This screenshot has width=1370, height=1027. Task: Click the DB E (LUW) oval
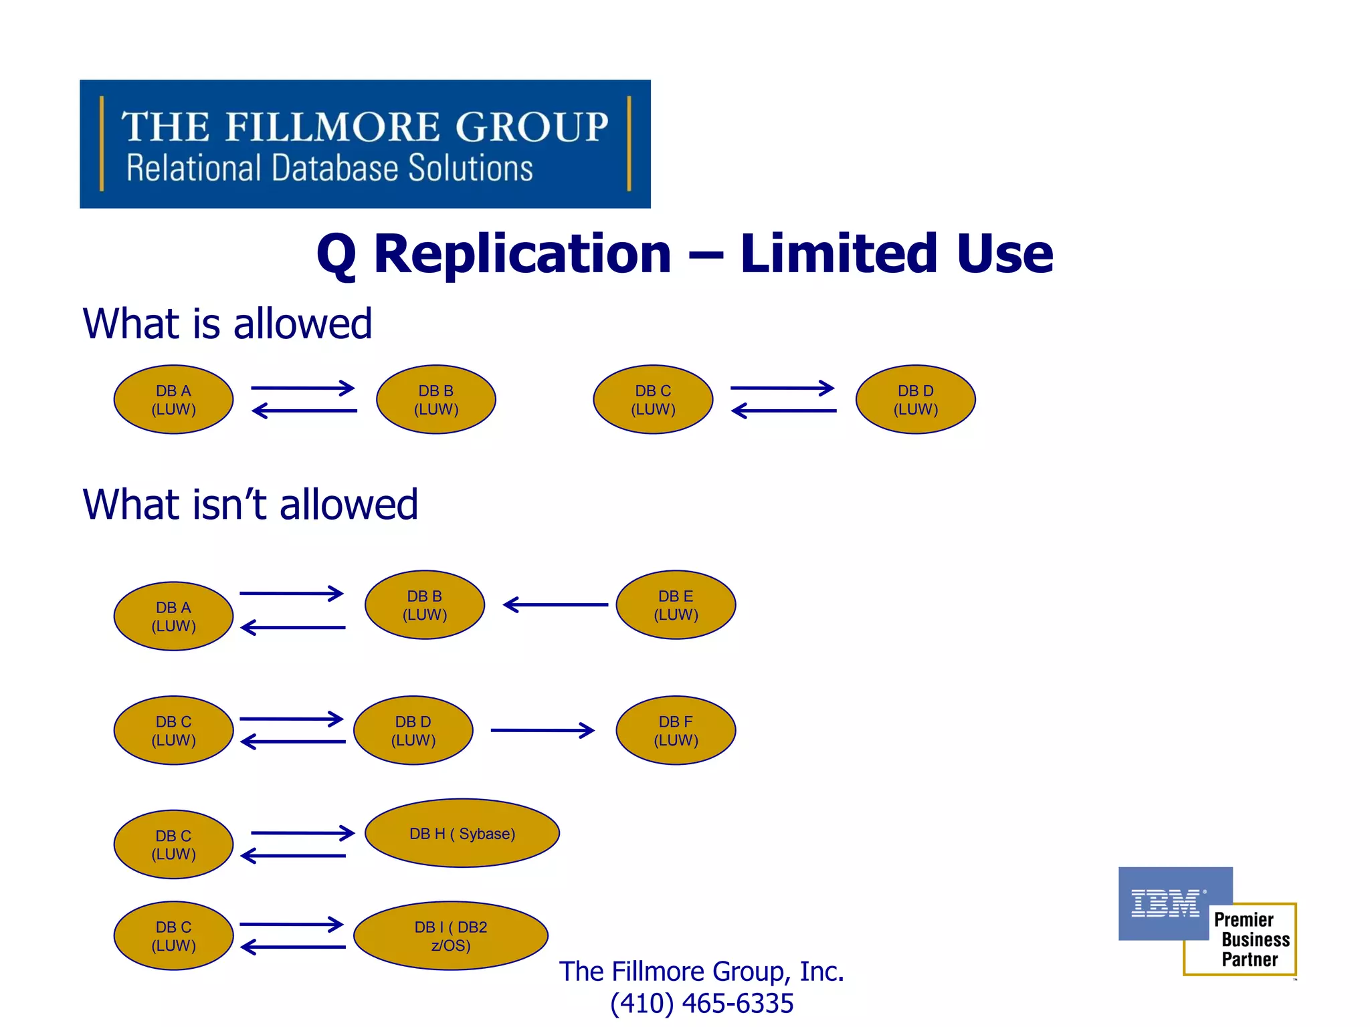tap(676, 605)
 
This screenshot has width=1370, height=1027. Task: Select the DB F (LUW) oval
tap(676, 730)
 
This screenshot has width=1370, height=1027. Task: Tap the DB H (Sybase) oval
tap(462, 833)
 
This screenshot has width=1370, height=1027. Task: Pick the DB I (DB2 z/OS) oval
tap(451, 936)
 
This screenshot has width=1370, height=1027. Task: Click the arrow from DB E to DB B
tap(556, 605)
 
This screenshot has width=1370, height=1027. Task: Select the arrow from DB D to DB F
tap(543, 730)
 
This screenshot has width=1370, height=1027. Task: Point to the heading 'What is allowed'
tap(227, 324)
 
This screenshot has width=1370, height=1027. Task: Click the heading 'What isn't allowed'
tap(250, 505)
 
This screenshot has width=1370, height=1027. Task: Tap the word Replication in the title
tap(522, 254)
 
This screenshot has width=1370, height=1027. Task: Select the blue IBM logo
tap(1167, 903)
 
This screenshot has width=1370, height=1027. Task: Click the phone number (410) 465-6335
tap(702, 1004)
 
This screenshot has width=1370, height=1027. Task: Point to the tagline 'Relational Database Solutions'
tap(330, 168)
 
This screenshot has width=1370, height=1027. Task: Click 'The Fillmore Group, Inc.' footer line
tap(702, 972)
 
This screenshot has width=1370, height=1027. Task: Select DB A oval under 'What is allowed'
tap(173, 400)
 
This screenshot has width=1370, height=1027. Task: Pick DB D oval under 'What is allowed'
tap(916, 400)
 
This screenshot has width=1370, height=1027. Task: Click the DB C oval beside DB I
tap(173, 936)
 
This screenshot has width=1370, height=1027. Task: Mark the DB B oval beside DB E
tap(425, 605)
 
